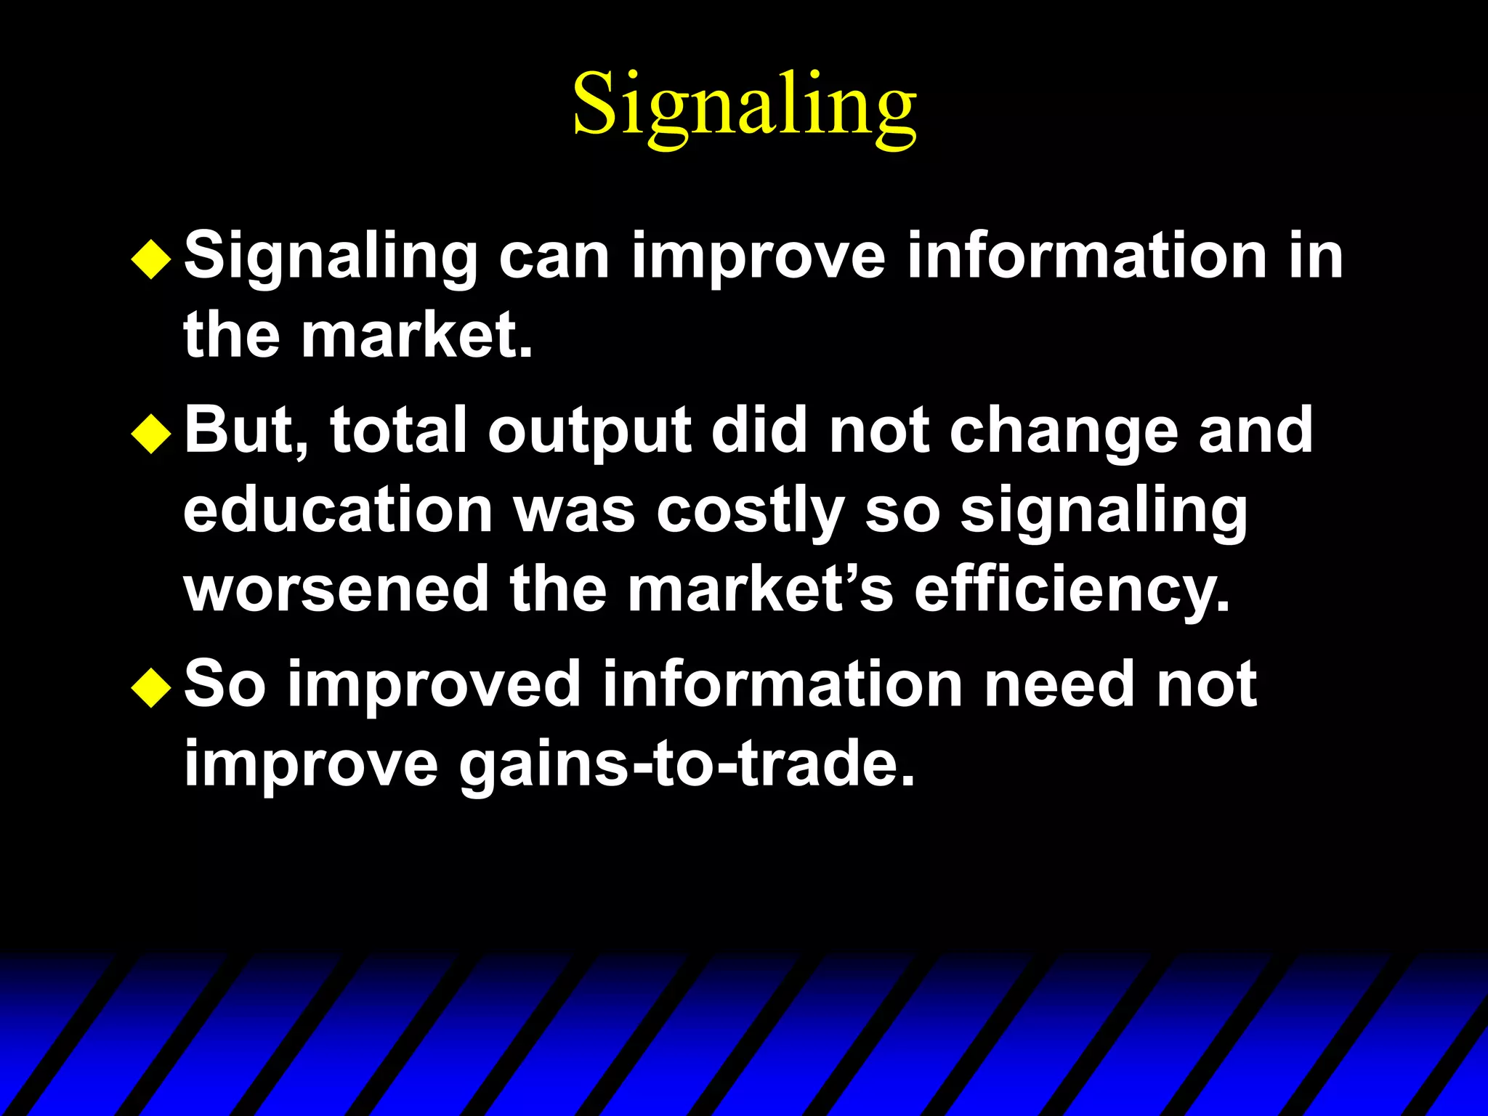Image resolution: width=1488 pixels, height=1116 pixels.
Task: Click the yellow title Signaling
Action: pyautogui.click(x=744, y=105)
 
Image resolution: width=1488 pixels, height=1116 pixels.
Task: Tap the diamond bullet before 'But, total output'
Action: pyautogui.click(x=151, y=434)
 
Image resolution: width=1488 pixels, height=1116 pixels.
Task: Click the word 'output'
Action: pyautogui.click(x=589, y=434)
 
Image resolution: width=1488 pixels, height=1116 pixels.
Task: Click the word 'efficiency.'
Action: pyautogui.click(x=1072, y=592)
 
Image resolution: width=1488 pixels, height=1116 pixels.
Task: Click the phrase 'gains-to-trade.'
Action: pyautogui.click(x=687, y=765)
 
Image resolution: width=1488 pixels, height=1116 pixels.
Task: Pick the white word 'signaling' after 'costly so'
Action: pyautogui.click(x=1104, y=513)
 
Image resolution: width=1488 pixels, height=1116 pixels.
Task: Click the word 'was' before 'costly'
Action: pyautogui.click(x=575, y=511)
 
